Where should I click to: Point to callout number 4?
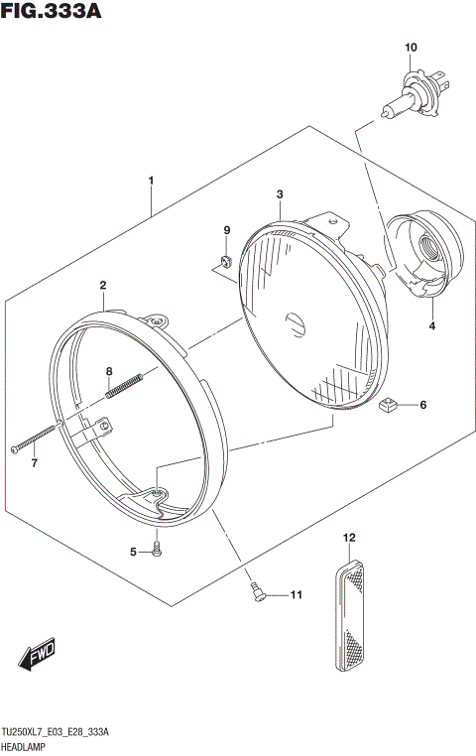coord(432,326)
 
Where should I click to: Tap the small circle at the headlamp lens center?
coord(294,321)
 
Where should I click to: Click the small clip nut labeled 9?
coord(223,261)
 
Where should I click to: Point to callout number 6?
coord(422,405)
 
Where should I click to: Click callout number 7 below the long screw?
coord(33,463)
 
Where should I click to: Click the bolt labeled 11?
coord(259,592)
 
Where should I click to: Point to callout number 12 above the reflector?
coord(348,538)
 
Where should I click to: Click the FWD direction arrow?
coord(38,656)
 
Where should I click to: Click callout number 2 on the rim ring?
coord(102,286)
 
